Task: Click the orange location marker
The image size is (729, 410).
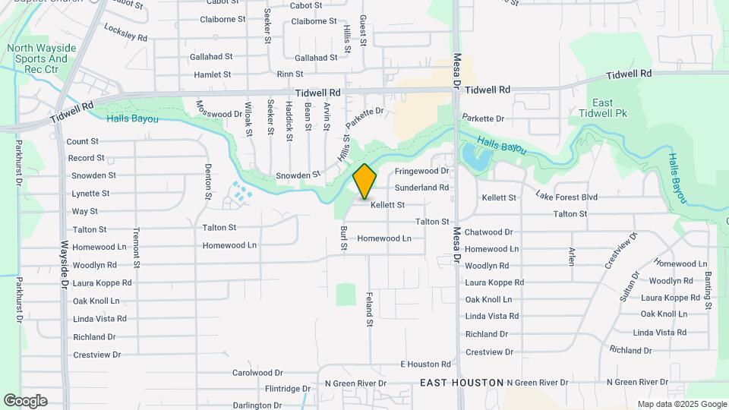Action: click(x=365, y=181)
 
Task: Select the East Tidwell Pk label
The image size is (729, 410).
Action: click(x=603, y=108)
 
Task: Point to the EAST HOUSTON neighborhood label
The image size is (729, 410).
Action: click(x=462, y=383)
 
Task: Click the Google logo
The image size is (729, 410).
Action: click(x=25, y=401)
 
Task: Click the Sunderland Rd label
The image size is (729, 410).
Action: click(x=421, y=188)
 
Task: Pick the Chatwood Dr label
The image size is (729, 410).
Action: click(x=488, y=232)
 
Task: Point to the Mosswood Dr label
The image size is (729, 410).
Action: click(x=219, y=114)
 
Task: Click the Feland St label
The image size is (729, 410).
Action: click(x=370, y=309)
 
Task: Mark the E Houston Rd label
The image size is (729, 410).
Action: click(x=425, y=365)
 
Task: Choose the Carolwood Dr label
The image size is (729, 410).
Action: click(x=257, y=374)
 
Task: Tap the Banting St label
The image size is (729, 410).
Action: click(x=708, y=290)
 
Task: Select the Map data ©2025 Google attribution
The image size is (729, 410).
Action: click(x=682, y=404)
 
